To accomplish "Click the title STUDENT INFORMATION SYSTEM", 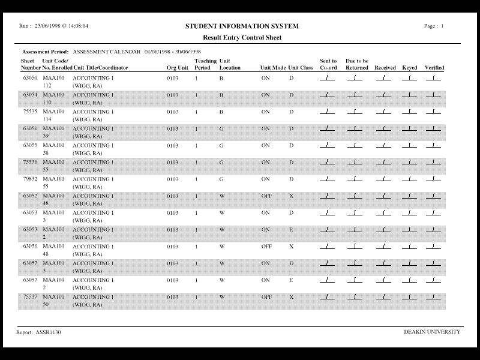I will click(x=242, y=26).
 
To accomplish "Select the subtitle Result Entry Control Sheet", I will click(x=242, y=37).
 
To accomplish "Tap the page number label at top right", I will click(x=434, y=26).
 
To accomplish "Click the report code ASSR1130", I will click(x=48, y=332).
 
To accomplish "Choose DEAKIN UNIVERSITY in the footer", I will click(x=433, y=332).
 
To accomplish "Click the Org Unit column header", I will click(x=178, y=68).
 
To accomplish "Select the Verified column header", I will click(x=434, y=68).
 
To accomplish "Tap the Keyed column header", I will click(x=410, y=68).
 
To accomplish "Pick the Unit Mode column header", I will click(x=273, y=68).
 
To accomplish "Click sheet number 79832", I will click(x=30, y=179).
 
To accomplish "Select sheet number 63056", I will click(x=30, y=246).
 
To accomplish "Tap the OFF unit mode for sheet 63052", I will click(x=266, y=196).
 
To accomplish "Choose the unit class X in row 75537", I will click(x=291, y=296).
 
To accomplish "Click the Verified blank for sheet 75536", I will click(x=433, y=163).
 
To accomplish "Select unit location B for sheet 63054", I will click(x=221, y=95).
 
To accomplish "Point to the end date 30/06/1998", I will click(x=187, y=52).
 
